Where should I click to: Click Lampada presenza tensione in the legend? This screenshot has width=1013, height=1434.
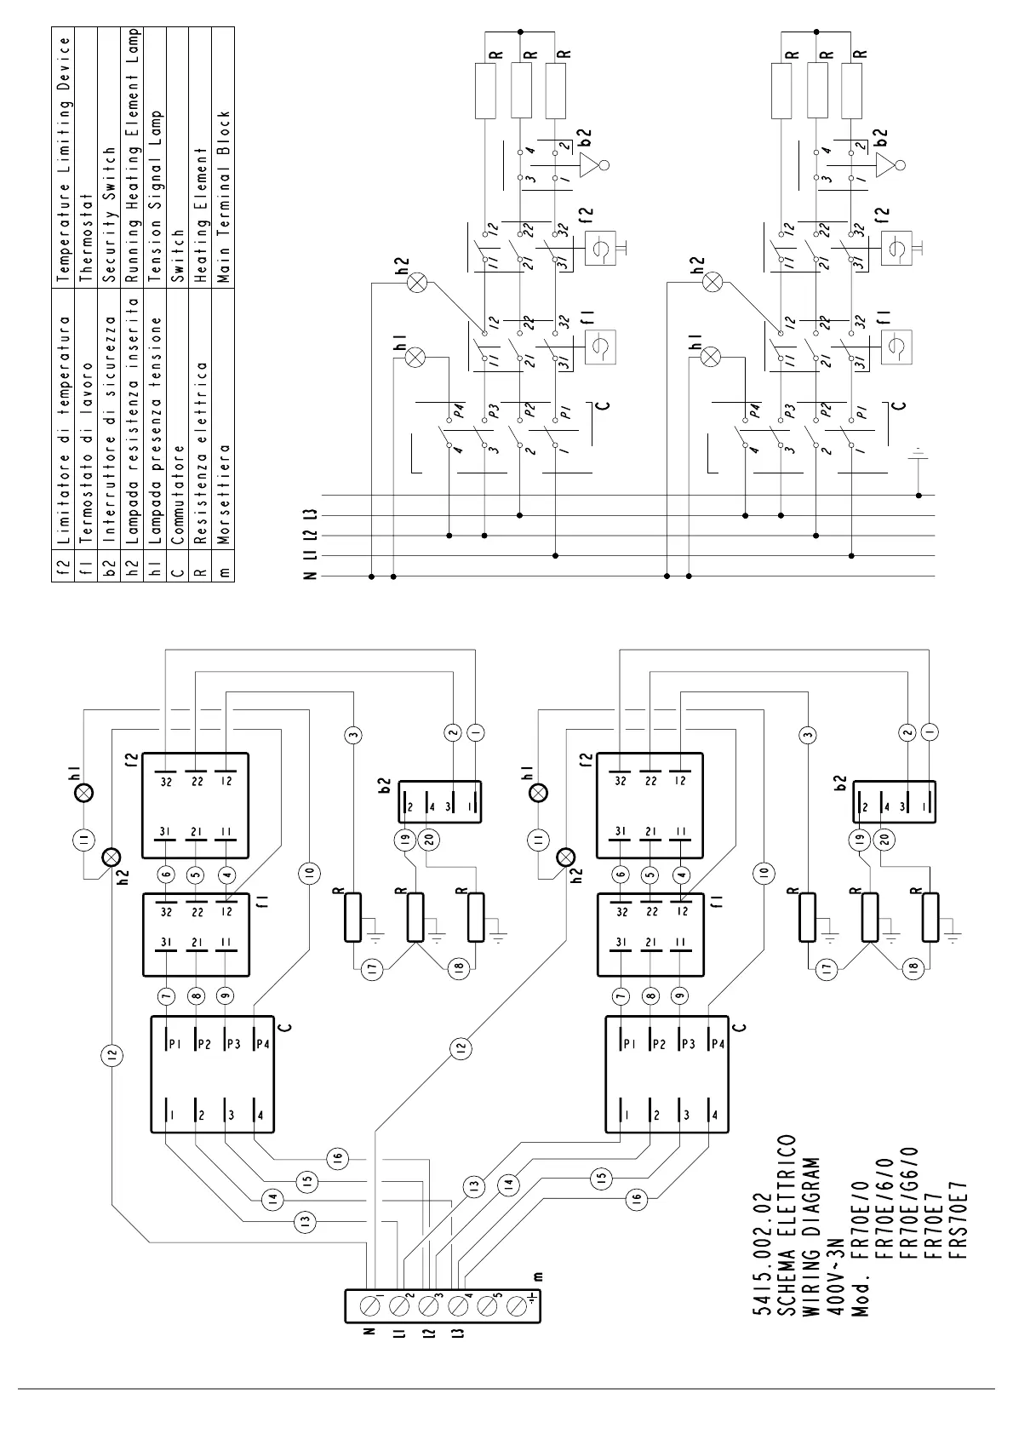155,430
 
